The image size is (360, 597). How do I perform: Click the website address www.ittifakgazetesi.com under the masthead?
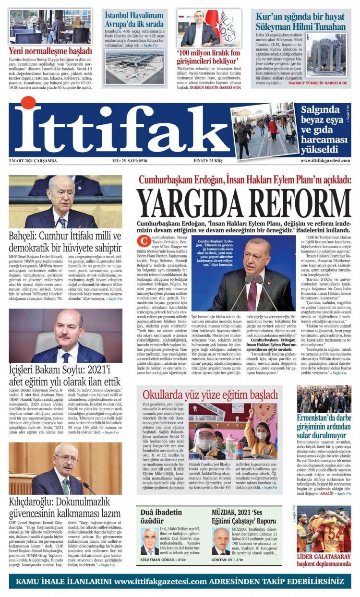tap(325, 161)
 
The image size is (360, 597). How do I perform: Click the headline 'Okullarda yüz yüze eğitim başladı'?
tap(210, 394)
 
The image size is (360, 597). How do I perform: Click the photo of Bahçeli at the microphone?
tap(65, 202)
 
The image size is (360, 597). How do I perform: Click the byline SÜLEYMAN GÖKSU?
tap(157, 560)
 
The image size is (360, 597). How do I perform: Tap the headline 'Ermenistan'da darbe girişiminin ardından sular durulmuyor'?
tap(324, 425)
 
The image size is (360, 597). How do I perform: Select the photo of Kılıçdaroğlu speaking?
tap(65, 469)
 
